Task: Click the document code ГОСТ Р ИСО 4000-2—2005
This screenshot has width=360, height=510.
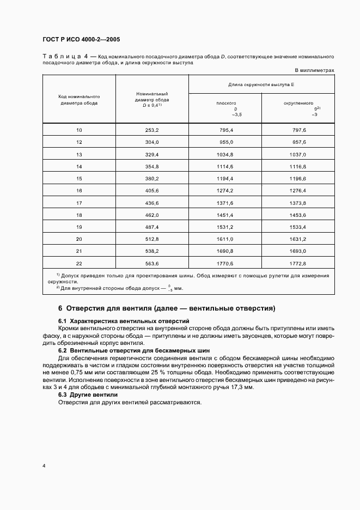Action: (81, 40)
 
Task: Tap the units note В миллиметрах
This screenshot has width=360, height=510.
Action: (314, 70)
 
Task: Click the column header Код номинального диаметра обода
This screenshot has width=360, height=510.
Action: (80, 100)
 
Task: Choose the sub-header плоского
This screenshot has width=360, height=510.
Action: (226, 102)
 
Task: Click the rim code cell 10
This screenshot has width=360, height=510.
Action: (80, 130)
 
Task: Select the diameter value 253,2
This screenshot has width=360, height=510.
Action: (152, 130)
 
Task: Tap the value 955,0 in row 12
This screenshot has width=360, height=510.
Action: (225, 142)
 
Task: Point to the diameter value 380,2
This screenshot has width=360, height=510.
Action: (152, 179)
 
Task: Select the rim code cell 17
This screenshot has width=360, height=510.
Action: (80, 203)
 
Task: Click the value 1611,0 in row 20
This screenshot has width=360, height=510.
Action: (225, 239)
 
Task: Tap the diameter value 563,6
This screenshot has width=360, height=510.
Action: (152, 263)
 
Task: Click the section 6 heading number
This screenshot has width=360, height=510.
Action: (60, 308)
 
